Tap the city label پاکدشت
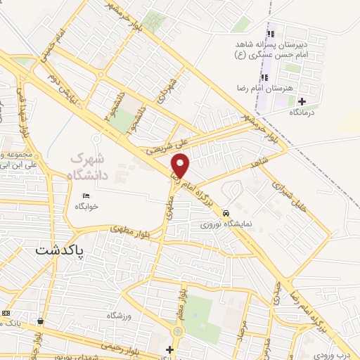(x=60, y=250)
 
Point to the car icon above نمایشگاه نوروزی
(x=225, y=213)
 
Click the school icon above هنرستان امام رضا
(x=265, y=77)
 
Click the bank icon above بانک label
(x=6, y=313)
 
